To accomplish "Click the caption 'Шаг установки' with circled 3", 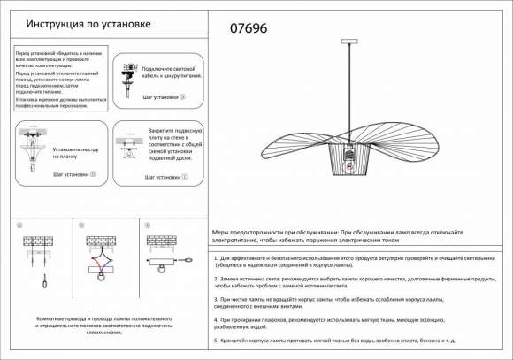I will coord(165,97).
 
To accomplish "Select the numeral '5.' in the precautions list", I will coord(217,339).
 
